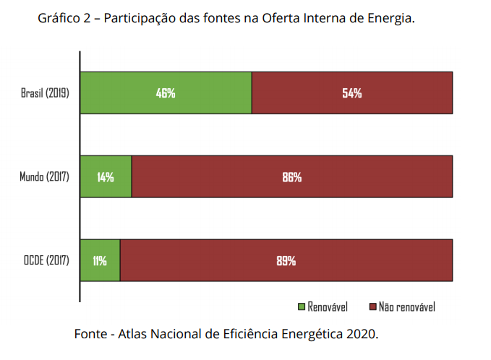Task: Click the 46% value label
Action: (x=166, y=93)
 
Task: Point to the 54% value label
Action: (x=352, y=93)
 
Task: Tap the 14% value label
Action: (x=106, y=177)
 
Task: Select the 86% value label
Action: (x=292, y=177)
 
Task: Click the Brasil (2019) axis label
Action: (x=45, y=93)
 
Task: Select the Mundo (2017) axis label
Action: (x=44, y=177)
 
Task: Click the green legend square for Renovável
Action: (x=302, y=307)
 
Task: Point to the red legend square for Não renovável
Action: (x=372, y=307)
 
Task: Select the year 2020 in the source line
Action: (x=361, y=334)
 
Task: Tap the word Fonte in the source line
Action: (x=90, y=334)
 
